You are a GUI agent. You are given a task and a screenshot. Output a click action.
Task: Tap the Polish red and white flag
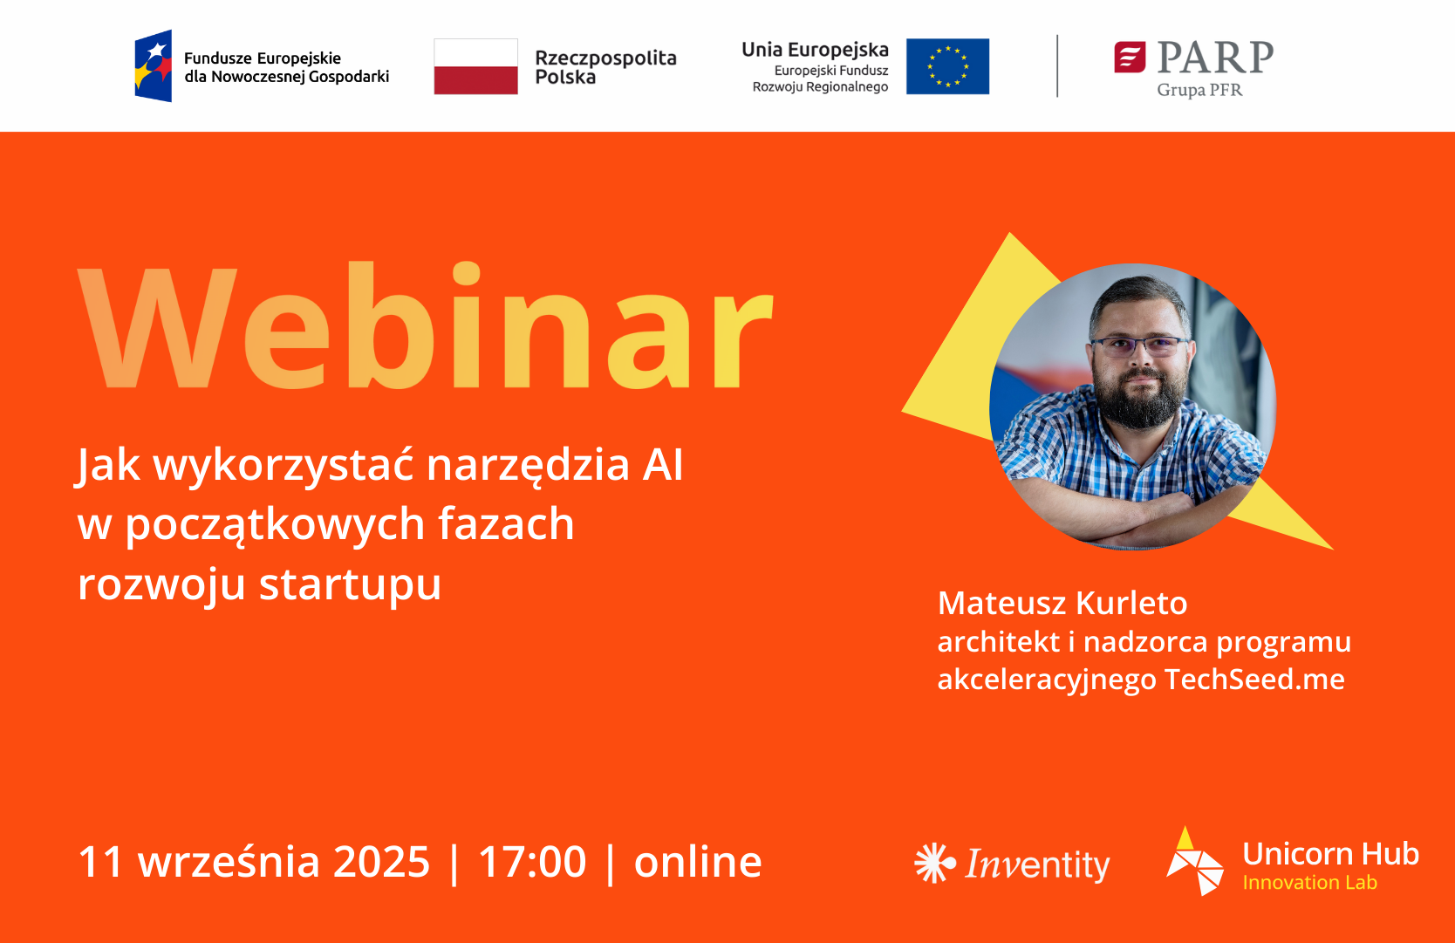(x=476, y=66)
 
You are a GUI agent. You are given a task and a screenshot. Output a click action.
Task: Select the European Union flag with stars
(x=947, y=66)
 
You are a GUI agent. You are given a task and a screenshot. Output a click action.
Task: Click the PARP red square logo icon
(x=1131, y=58)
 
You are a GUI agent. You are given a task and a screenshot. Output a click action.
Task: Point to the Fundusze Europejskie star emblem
(x=154, y=65)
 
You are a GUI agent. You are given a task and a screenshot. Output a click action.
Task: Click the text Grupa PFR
(x=1199, y=90)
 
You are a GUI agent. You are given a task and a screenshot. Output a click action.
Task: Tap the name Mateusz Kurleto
(x=1062, y=603)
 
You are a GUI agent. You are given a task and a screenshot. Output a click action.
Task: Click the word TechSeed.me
(x=1254, y=680)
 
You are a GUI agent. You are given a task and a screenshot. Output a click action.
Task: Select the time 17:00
(x=533, y=862)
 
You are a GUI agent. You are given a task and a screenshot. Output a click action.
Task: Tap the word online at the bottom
(x=698, y=862)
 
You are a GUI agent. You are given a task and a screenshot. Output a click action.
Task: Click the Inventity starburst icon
(x=935, y=863)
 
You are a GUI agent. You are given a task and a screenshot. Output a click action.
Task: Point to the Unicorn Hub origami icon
(x=1195, y=861)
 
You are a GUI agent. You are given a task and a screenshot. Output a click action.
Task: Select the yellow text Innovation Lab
(x=1309, y=883)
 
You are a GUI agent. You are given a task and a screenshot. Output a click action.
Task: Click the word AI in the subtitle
(x=663, y=465)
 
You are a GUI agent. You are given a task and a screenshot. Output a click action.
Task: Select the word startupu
(x=350, y=584)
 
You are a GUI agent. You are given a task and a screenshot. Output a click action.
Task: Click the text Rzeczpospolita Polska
(x=605, y=67)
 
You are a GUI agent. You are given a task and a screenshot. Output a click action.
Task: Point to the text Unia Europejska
(x=816, y=50)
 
